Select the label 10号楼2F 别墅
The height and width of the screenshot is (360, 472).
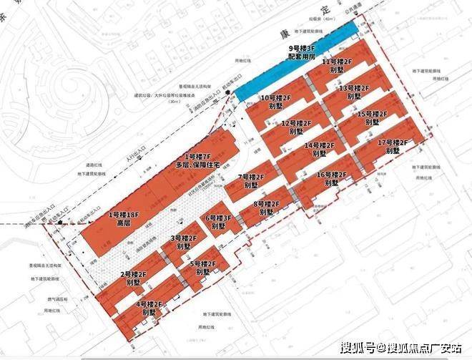[275, 102]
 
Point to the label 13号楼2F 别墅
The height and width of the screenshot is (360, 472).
[353, 92]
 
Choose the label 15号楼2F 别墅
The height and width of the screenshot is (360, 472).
[371, 118]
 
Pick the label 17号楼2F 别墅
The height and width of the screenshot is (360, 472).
[392, 147]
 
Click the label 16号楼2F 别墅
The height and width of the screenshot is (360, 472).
[331, 178]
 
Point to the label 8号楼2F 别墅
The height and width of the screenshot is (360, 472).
[266, 208]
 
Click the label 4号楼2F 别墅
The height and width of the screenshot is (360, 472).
[149, 308]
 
